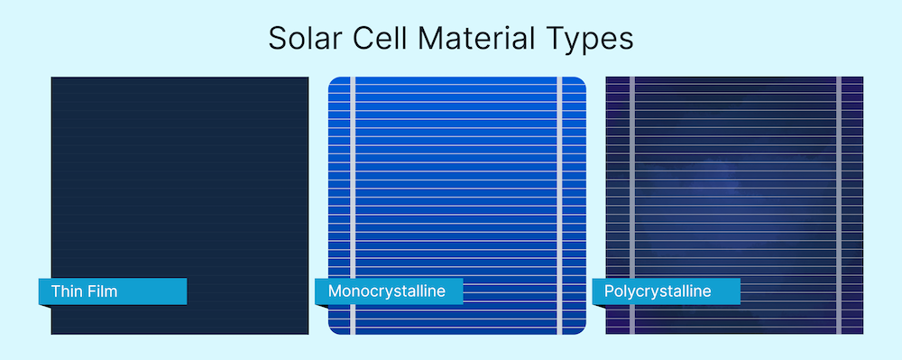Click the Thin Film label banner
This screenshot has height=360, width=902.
tap(113, 291)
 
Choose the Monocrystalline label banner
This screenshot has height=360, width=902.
tap(389, 291)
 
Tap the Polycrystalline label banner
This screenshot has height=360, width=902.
tap(667, 291)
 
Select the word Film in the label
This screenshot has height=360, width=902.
tap(103, 291)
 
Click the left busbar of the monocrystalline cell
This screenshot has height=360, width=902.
tap(353, 206)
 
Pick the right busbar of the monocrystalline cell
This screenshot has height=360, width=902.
tap(559, 206)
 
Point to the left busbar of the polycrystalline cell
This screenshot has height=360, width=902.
tap(631, 206)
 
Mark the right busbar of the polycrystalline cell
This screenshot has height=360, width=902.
tap(839, 206)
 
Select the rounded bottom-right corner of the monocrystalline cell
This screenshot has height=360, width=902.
tap(583, 331)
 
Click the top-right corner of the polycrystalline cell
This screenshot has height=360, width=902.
tap(863, 77)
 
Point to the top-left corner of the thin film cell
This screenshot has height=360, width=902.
tap(51, 77)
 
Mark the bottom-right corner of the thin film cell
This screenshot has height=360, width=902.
tap(308, 334)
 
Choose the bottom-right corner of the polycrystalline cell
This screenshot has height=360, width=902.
tap(863, 334)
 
